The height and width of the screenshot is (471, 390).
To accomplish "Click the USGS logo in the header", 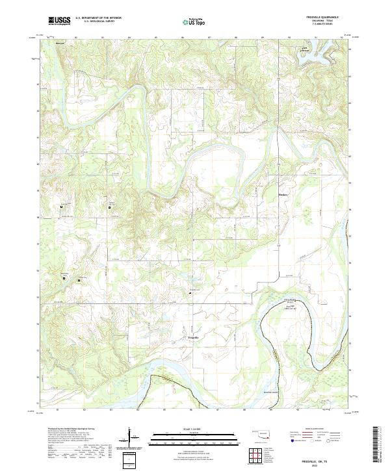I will tap(58, 21).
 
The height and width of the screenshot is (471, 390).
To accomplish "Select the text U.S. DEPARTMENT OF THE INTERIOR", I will tap(97, 18).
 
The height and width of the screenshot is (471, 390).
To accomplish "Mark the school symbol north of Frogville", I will tap(190, 293).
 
